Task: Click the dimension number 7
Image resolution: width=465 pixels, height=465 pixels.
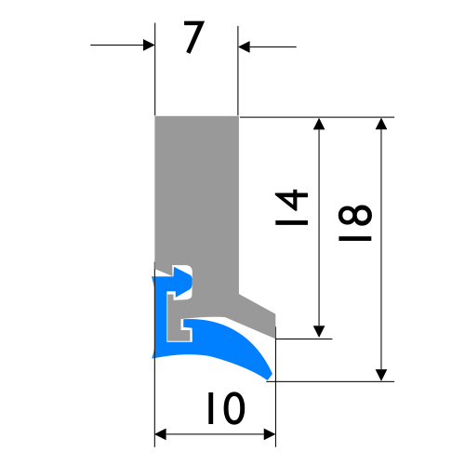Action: [x=194, y=37]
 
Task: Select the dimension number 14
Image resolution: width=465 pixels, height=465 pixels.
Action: [x=291, y=207]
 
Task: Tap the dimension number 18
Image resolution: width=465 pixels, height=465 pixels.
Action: [x=355, y=222]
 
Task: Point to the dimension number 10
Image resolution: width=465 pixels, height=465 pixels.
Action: [x=226, y=408]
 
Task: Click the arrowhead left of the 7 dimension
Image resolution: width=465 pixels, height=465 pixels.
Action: [x=149, y=46]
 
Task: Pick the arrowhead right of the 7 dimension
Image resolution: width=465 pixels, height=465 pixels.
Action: [x=244, y=46]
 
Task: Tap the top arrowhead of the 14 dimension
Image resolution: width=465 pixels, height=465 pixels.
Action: [x=319, y=124]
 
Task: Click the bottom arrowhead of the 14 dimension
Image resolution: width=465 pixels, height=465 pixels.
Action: [x=319, y=332]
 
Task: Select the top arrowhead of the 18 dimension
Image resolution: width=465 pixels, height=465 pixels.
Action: [x=381, y=124]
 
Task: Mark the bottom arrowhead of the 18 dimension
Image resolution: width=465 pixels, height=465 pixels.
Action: [x=381, y=375]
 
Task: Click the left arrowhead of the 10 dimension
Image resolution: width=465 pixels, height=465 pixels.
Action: [x=161, y=434]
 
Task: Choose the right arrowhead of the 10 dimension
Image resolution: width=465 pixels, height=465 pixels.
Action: [x=270, y=434]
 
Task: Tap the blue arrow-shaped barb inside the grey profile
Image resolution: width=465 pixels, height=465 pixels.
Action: [x=182, y=282]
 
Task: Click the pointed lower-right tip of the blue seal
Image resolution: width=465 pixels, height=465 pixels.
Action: [x=269, y=377]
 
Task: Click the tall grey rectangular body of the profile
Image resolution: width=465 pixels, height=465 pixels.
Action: [x=196, y=193]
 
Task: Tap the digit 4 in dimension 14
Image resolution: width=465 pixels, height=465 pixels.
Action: [x=291, y=199]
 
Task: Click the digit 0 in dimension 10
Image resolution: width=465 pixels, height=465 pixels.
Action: [x=234, y=408]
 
